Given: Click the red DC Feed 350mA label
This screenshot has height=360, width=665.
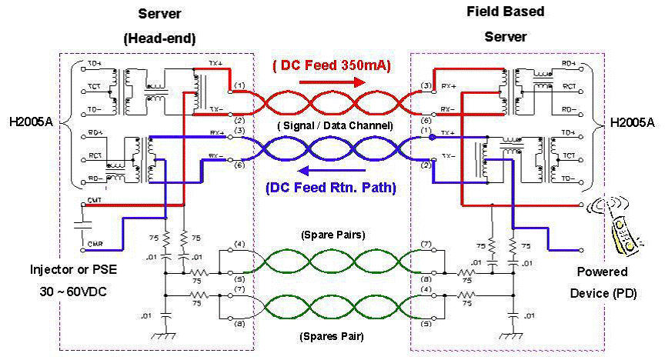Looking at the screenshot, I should click(332, 65).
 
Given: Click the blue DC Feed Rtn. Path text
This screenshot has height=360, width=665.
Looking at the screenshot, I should click(331, 187).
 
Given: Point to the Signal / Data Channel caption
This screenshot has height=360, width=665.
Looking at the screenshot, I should click(336, 125).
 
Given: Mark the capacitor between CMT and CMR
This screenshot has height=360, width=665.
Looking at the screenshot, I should click(83, 225).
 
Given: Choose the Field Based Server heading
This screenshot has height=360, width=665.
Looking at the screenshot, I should click(506, 24).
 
